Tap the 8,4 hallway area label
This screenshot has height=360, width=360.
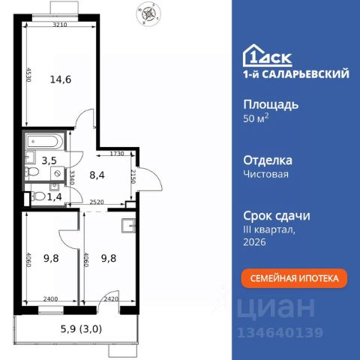[x=97, y=176]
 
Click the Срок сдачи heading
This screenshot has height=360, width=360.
[x=277, y=215]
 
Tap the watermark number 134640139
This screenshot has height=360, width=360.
[x=280, y=333]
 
